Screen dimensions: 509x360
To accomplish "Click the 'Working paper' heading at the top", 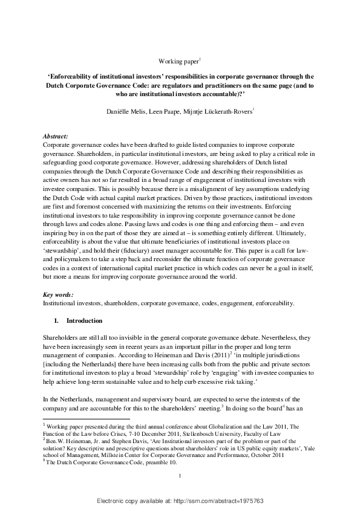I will tap(179, 62).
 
